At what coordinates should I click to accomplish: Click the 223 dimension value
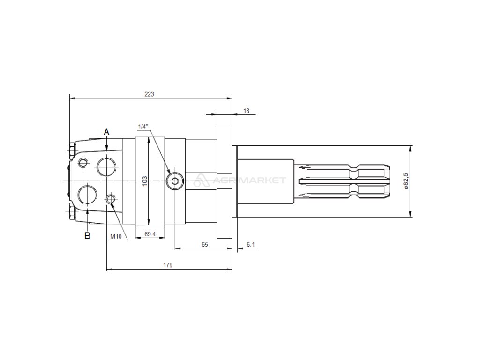click(150, 94)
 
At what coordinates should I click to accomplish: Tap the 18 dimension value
click(247, 111)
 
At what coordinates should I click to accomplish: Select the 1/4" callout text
click(143, 126)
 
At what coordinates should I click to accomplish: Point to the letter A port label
click(106, 132)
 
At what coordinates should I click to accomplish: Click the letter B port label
click(88, 236)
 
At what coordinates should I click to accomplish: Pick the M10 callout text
click(116, 236)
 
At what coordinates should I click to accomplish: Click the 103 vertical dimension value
click(145, 180)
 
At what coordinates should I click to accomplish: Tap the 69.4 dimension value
click(150, 234)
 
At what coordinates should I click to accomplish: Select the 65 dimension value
click(205, 244)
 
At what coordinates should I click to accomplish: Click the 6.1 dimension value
click(251, 244)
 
